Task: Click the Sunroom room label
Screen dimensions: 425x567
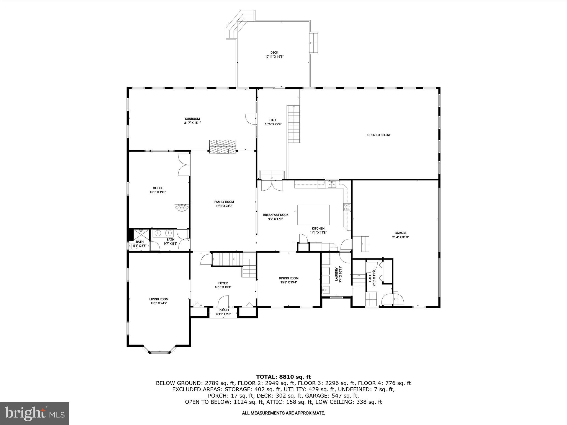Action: coord(192,119)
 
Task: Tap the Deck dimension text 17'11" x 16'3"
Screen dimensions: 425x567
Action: coord(274,56)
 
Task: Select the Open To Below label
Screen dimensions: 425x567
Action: coord(379,135)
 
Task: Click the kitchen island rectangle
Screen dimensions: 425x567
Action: coord(313,215)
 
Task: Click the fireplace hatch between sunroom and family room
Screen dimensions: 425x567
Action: coord(223,146)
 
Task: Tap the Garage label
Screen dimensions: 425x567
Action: coord(400,233)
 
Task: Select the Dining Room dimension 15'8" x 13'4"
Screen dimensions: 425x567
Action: coord(288,283)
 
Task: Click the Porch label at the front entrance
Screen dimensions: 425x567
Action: coord(223,310)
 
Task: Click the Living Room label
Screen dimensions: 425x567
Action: coord(159,299)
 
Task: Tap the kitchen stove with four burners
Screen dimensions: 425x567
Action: coord(347,207)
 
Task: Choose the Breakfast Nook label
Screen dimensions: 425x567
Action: coord(275,215)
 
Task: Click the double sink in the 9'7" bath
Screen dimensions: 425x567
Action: coord(163,233)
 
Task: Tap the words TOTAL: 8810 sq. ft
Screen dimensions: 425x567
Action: coord(283,377)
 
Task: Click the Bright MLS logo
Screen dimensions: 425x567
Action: coord(35,413)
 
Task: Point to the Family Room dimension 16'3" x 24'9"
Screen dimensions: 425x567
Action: coord(224,206)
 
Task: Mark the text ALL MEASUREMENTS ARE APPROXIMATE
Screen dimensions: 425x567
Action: coord(283,413)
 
